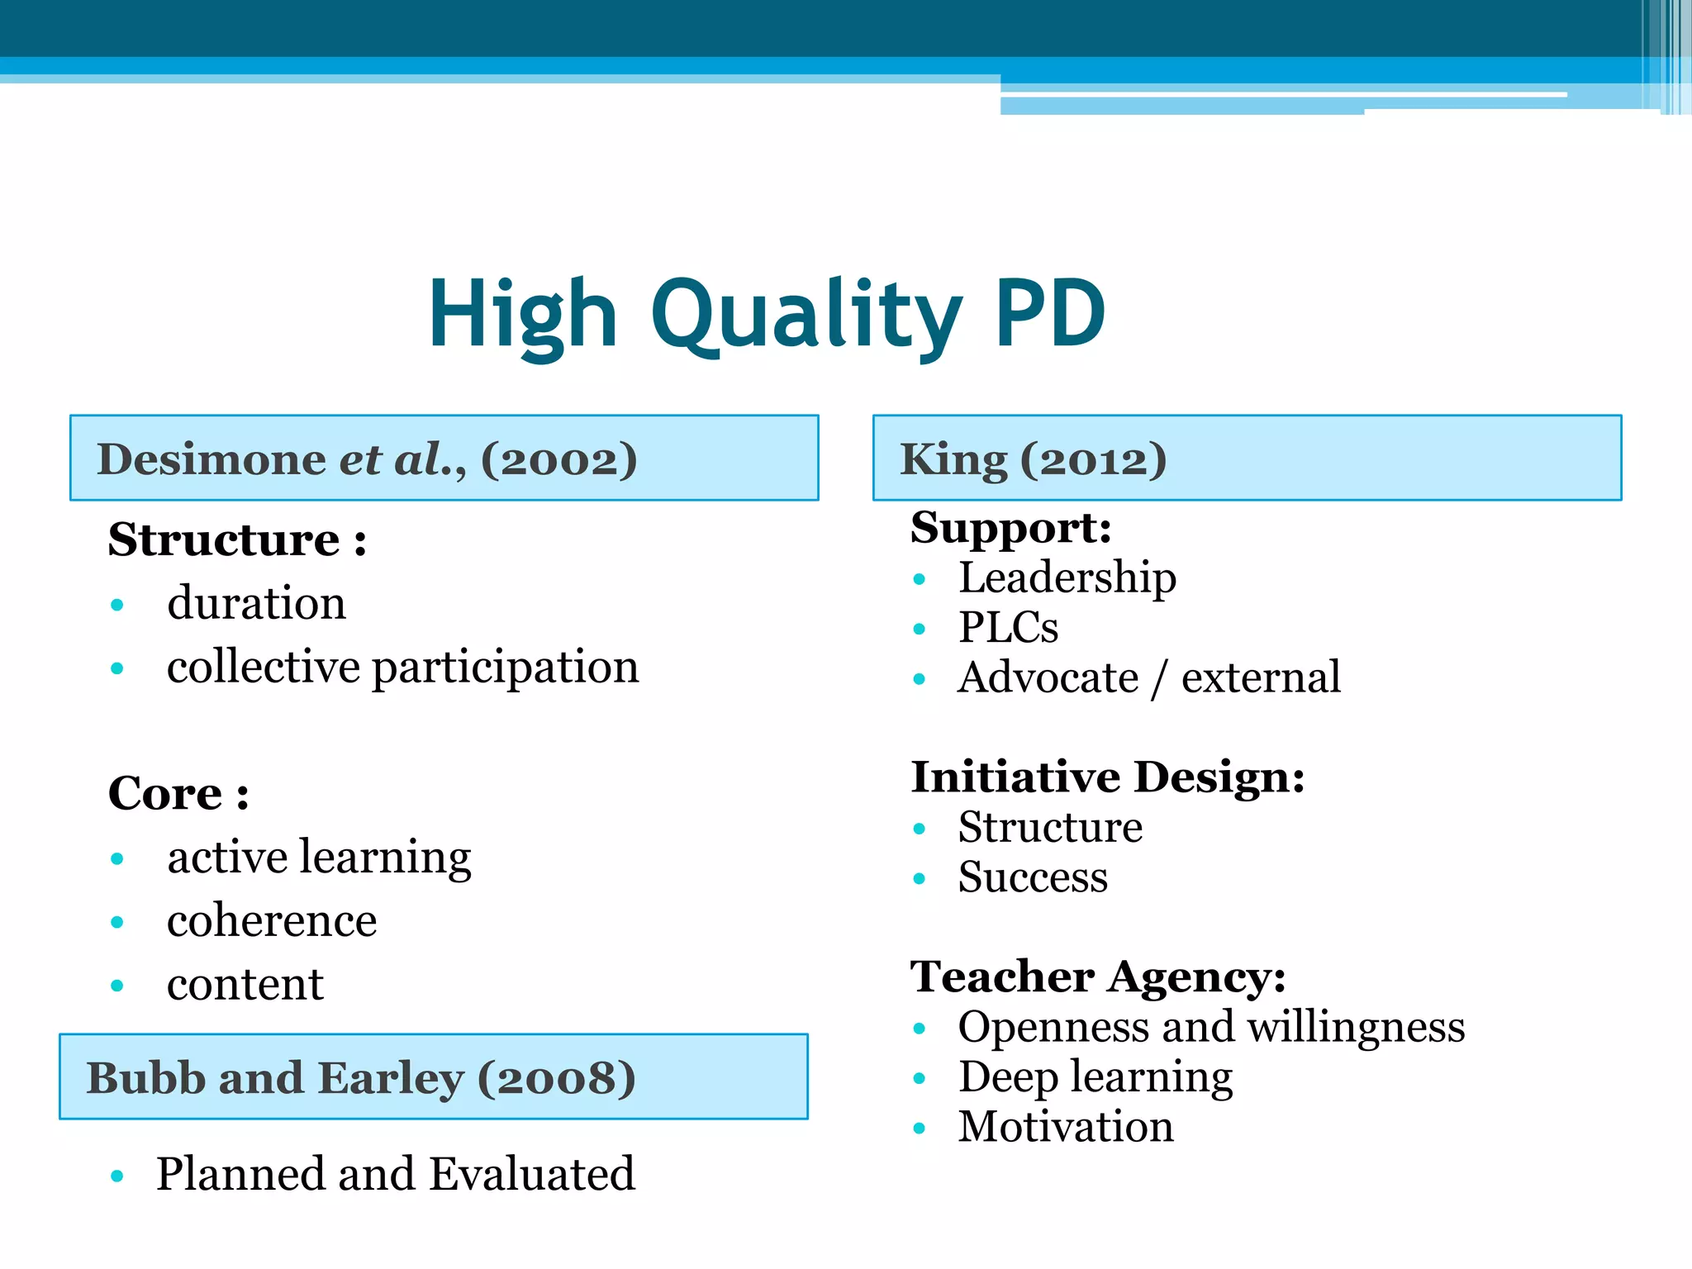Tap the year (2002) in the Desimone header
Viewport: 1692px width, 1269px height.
coord(559,459)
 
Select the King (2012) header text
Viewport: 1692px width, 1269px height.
coord(1033,459)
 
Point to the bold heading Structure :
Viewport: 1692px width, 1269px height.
coord(237,540)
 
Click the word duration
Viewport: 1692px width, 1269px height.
coord(256,603)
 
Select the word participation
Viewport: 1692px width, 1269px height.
coord(506,668)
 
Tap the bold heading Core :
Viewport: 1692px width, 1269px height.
coord(178,794)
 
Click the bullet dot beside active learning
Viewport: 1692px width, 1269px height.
coord(117,859)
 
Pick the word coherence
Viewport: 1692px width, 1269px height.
coord(272,920)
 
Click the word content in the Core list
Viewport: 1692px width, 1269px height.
coord(245,984)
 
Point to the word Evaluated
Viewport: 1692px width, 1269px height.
coord(532,1174)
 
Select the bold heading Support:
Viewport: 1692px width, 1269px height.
coord(1011,528)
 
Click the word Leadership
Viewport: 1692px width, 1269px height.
coord(1067,577)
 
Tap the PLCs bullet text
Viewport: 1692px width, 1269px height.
coord(1008,628)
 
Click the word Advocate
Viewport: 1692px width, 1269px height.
coord(1048,678)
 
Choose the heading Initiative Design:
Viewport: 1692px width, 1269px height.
coord(1107,777)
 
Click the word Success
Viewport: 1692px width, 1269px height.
coord(1033,877)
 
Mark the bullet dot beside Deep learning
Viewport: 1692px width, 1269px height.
coord(920,1078)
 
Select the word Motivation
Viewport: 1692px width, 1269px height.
coord(1066,1127)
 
